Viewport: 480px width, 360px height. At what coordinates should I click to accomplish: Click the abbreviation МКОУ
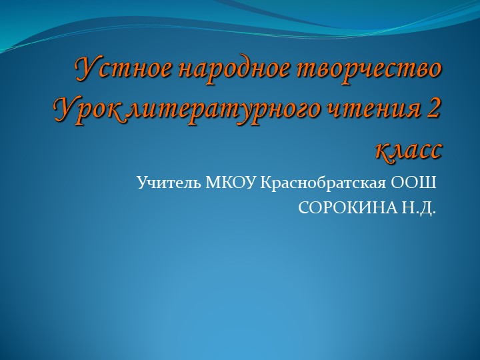coord(231,182)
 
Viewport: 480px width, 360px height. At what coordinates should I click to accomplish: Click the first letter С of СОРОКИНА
coord(303,209)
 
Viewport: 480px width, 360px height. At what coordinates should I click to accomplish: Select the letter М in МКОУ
coord(214,182)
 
